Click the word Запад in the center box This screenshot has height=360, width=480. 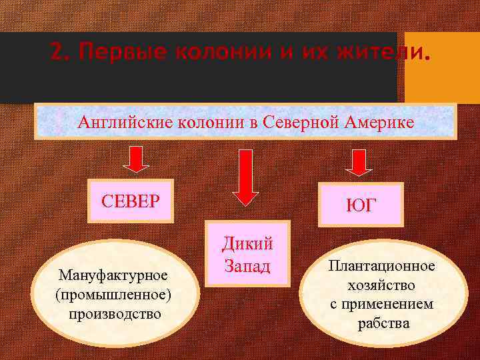pyautogui.click(x=247, y=266)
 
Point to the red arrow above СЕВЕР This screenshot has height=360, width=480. pyautogui.click(x=136, y=161)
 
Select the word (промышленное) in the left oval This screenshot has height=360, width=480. pyautogui.click(x=114, y=293)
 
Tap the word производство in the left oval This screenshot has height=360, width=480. pyautogui.click(x=114, y=313)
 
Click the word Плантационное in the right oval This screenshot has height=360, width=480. pyautogui.click(x=381, y=266)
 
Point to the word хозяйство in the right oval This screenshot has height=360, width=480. pyautogui.click(x=381, y=285)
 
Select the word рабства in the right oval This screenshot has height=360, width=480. pyautogui.click(x=382, y=324)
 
